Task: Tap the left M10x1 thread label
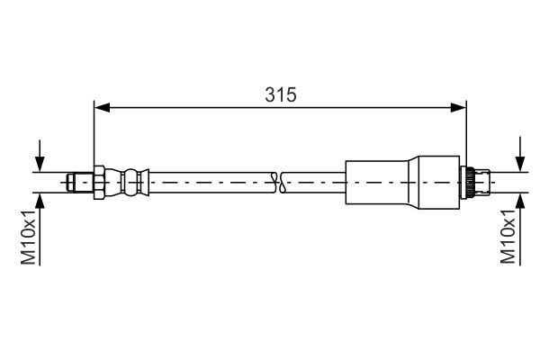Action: [x=29, y=237]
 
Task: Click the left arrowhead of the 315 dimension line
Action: [x=102, y=108]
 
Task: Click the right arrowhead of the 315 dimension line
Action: [x=459, y=108]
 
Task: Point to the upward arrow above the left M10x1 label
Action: [x=40, y=201]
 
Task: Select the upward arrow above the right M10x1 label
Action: [x=519, y=201]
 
